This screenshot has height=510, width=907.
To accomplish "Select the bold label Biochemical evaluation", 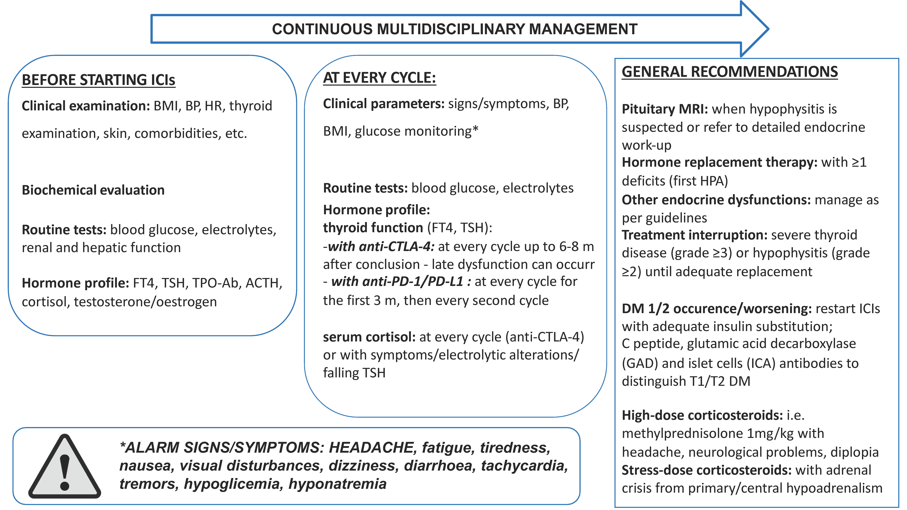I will (x=93, y=190).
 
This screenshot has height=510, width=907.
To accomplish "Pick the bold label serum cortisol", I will (x=369, y=337).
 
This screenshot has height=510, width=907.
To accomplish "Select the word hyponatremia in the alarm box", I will (x=337, y=484).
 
